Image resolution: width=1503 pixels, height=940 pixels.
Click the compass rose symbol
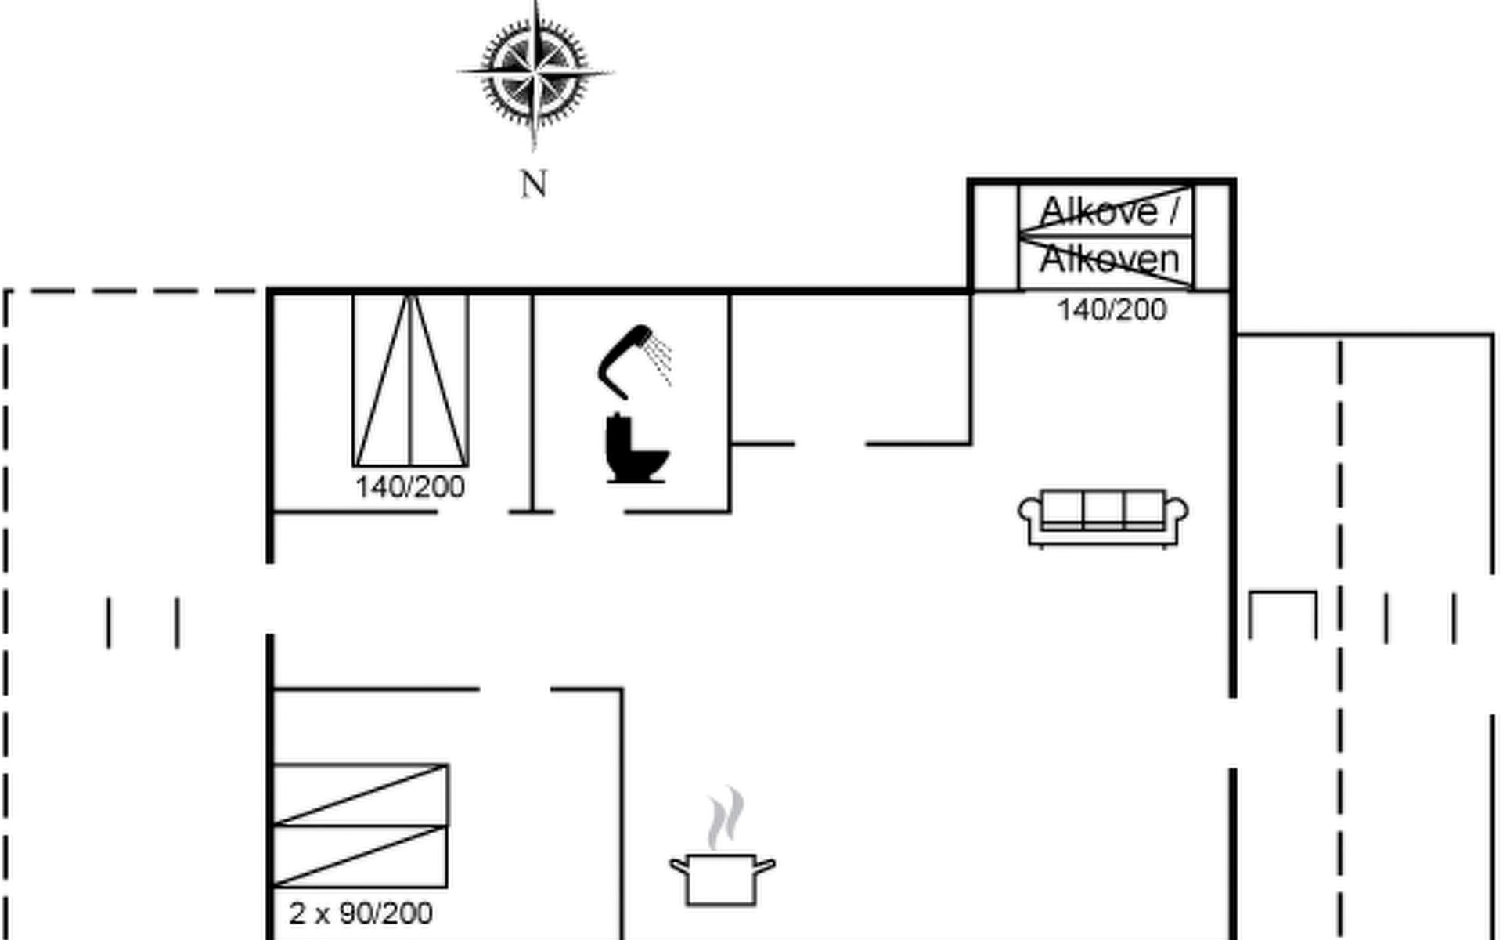[535, 72]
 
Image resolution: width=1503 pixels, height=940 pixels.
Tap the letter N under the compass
[533, 185]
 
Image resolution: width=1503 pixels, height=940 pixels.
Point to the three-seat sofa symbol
[1103, 517]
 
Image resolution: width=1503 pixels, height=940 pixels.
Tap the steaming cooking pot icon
[722, 877]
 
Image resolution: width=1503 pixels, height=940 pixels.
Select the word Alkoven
[1109, 259]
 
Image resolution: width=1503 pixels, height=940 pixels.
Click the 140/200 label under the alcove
[1112, 310]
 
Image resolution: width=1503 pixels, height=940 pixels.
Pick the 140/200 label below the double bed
[410, 487]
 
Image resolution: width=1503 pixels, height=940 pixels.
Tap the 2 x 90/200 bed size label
[360, 913]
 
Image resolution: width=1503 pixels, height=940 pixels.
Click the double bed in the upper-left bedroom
[410, 380]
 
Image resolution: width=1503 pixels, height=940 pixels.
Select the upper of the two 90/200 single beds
[360, 795]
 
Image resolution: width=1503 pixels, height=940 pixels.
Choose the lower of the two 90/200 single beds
[360, 856]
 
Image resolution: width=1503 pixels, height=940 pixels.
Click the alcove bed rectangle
[1107, 236]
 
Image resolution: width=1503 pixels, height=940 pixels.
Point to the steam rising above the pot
[726, 819]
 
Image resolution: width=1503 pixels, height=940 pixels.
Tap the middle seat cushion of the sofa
[1104, 508]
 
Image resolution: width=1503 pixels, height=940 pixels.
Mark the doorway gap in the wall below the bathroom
[589, 512]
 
